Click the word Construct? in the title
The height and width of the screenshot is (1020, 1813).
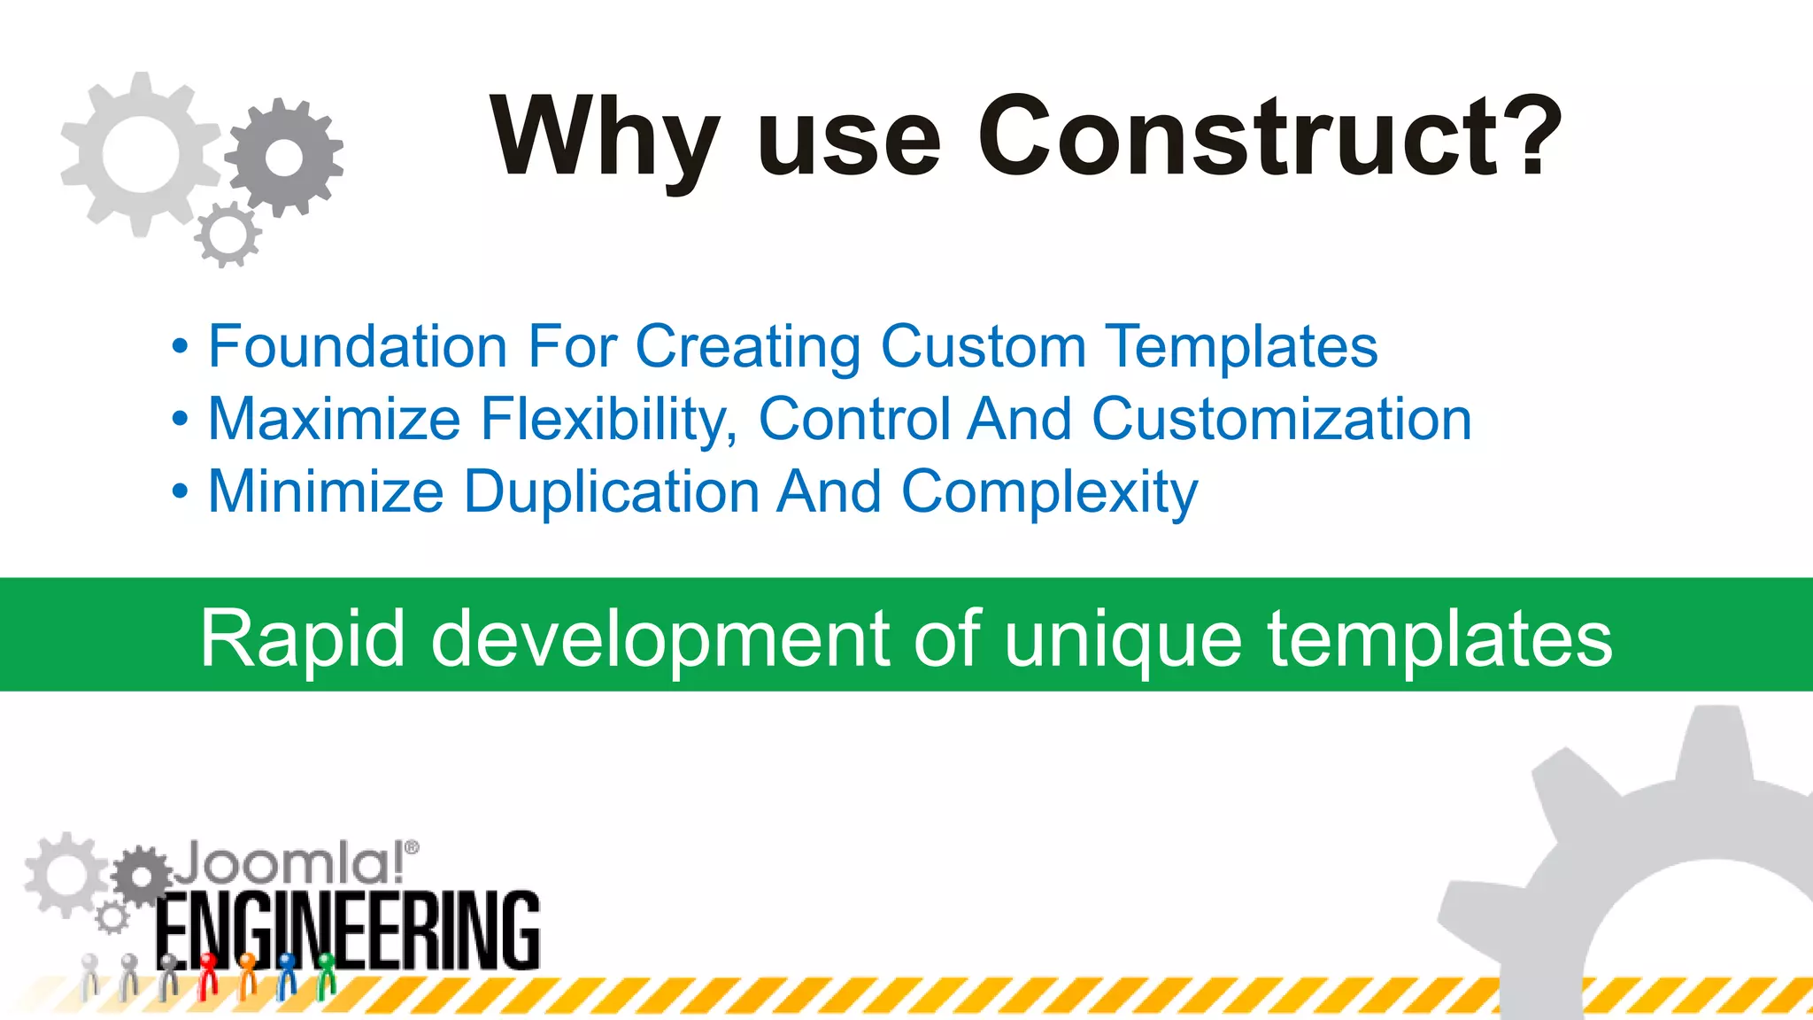pyautogui.click(x=1269, y=137)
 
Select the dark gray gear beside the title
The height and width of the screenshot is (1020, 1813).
pyautogui.click(x=284, y=158)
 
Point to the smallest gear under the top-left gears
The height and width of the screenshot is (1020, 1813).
pyautogui.click(x=228, y=235)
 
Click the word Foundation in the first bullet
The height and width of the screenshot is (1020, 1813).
pyautogui.click(x=358, y=346)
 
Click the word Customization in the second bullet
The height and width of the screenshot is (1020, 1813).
pyautogui.click(x=1281, y=419)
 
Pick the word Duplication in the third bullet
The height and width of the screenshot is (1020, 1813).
pyautogui.click(x=611, y=492)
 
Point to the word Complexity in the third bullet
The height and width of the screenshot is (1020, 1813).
pyautogui.click(x=1049, y=492)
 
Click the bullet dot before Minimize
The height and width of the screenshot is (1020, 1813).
pyautogui.click(x=181, y=491)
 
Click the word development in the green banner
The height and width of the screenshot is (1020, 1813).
pyautogui.click(x=660, y=640)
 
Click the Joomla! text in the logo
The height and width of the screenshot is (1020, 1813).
pyautogui.click(x=287, y=863)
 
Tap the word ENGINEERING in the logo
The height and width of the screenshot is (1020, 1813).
pyautogui.click(x=348, y=931)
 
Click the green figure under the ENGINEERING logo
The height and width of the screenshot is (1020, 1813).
pyautogui.click(x=327, y=974)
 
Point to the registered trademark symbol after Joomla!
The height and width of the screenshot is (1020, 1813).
pyautogui.click(x=412, y=847)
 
